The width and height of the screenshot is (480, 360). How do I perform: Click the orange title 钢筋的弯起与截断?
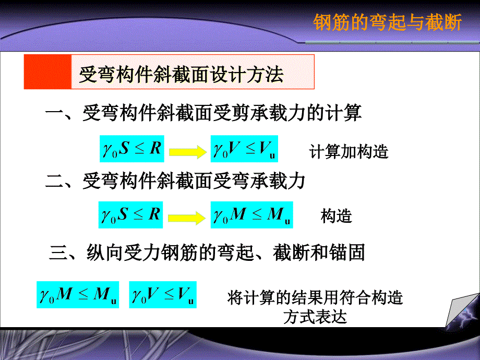coord(387,22)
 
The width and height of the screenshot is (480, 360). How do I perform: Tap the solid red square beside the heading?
coord(47,72)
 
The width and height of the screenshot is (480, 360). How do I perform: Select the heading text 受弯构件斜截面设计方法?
coord(181,75)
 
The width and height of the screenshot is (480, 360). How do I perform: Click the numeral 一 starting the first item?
coord(54,112)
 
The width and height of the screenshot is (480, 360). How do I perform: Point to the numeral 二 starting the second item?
coord(54,181)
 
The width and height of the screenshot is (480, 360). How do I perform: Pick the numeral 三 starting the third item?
coord(58,253)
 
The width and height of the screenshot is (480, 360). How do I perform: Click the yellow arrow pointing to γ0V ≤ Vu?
coord(188,151)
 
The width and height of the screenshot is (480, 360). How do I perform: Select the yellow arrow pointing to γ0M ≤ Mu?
coord(187,218)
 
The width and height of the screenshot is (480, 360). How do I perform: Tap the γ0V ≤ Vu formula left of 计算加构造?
coord(244,149)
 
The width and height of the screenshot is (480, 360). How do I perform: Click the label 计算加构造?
coord(349,152)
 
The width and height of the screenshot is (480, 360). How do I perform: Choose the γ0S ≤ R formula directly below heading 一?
coord(132,149)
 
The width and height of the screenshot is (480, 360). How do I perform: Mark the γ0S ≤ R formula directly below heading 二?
coord(131,215)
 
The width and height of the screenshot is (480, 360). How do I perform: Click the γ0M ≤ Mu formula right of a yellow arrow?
coord(251,215)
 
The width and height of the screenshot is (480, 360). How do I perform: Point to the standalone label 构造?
coord(336,216)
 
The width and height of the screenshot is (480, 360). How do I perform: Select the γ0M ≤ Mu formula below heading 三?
coord(78,295)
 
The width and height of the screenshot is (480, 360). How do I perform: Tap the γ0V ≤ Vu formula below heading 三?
coord(163,295)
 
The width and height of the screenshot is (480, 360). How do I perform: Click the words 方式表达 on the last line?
coord(315,317)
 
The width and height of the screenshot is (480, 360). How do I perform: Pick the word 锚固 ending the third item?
coord(347,253)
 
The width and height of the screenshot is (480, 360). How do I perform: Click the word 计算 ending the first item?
coord(343,113)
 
